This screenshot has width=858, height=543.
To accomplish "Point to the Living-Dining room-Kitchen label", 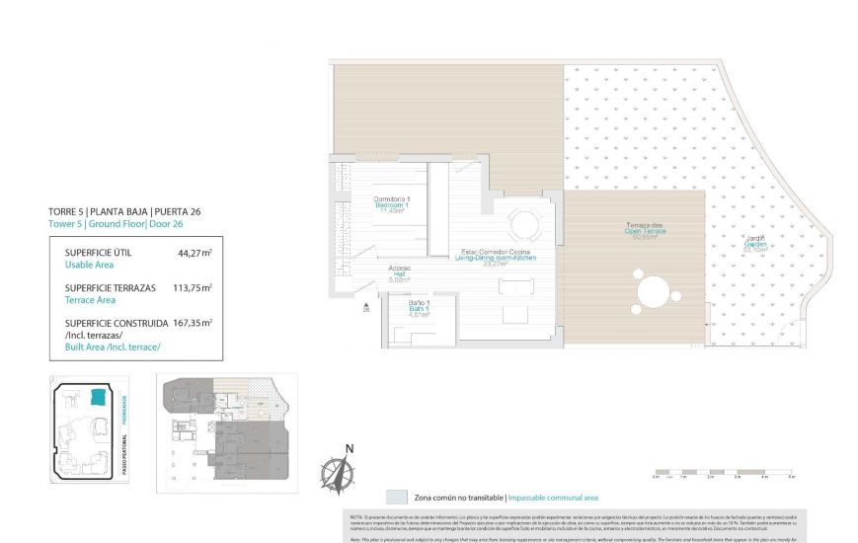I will (x=498, y=257).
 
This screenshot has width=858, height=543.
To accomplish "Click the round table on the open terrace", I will (x=654, y=292).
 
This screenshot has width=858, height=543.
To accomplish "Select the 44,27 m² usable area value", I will (x=195, y=253).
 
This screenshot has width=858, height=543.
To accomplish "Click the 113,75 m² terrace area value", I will (x=193, y=288).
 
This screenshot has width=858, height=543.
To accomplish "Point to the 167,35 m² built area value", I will (x=193, y=322).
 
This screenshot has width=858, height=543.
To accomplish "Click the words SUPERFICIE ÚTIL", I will (x=98, y=253).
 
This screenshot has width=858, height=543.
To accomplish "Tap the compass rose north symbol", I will (x=338, y=476).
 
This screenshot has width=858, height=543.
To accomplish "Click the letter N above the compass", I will (x=349, y=449).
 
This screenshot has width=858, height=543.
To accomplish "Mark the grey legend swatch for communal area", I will (x=397, y=498).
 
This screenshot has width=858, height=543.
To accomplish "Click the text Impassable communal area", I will (x=553, y=498).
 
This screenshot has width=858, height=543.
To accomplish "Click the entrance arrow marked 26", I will (x=366, y=307).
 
